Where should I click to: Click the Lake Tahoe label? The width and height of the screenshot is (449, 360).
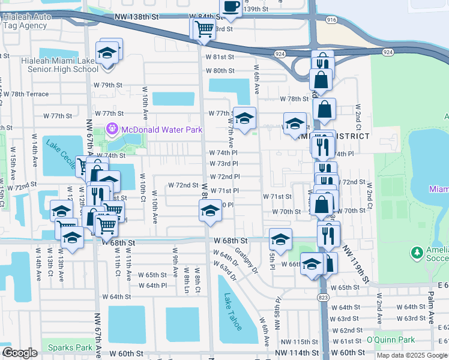[x=233, y=311]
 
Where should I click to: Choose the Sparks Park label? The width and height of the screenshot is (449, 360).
[x=71, y=347]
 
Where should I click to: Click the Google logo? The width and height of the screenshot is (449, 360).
[x=19, y=353]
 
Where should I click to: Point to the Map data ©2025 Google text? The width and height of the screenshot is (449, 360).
[x=412, y=355]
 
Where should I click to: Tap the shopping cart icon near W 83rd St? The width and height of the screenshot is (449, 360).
[x=203, y=28]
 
